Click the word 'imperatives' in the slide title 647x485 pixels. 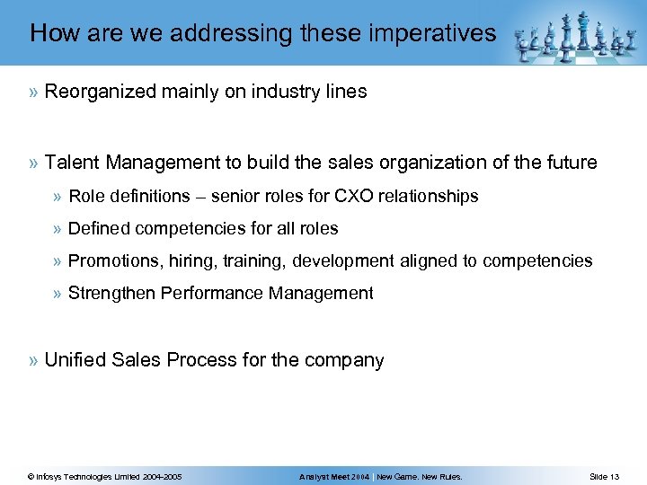click(439, 34)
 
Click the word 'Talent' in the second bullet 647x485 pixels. click(71, 163)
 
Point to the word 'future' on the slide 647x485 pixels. click(568, 163)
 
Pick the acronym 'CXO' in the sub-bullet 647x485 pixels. click(359, 196)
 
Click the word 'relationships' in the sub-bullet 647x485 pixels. click(433, 196)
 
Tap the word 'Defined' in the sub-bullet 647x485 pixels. click(96, 228)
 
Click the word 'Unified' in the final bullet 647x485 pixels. click(75, 361)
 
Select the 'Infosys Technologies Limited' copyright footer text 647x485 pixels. click(105, 476)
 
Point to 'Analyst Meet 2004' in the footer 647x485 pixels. click(335, 476)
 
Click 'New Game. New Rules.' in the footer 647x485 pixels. click(421, 476)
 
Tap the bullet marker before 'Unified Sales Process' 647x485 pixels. click(33, 361)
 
